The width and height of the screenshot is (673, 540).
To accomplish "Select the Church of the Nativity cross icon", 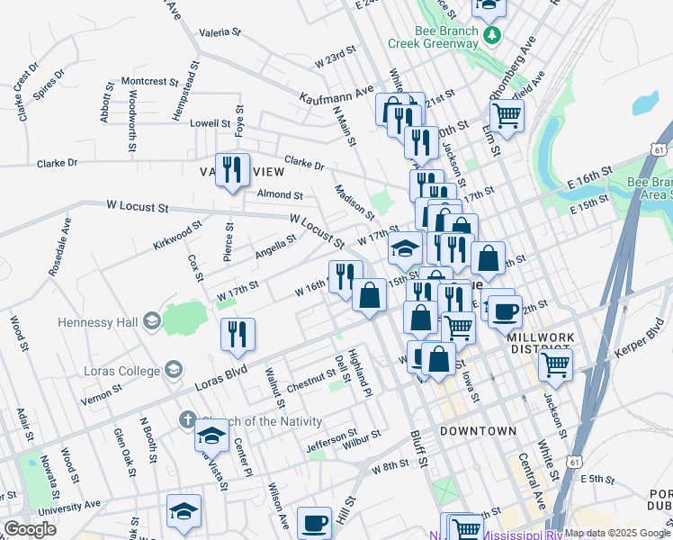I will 187,419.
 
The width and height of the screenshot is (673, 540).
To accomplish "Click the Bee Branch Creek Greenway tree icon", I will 491,35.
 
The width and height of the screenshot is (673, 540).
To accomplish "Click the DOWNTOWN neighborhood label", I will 478,432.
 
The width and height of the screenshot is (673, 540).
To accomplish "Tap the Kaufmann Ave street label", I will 336,93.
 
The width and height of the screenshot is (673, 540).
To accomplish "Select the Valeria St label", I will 220,31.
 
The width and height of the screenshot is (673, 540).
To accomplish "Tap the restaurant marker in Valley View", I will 232,168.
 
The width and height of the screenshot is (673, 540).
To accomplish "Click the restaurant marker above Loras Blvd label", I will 238,334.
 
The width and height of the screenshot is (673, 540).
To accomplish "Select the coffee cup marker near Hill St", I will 314,522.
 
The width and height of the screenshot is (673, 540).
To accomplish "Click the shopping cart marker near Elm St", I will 507,115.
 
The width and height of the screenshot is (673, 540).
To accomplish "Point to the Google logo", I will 30,529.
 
